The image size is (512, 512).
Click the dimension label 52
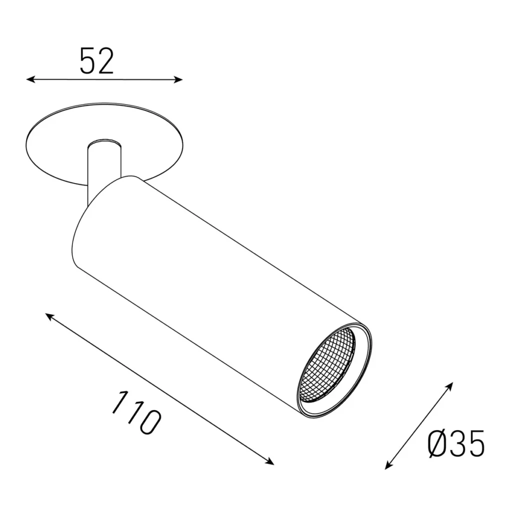pyautogui.click(x=97, y=61)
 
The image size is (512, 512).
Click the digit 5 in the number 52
pyautogui.click(x=87, y=61)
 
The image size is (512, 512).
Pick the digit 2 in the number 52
pyautogui.click(x=106, y=61)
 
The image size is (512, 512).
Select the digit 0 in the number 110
pyautogui.click(x=149, y=422)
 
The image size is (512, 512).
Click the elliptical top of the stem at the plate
pyautogui.click(x=104, y=145)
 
